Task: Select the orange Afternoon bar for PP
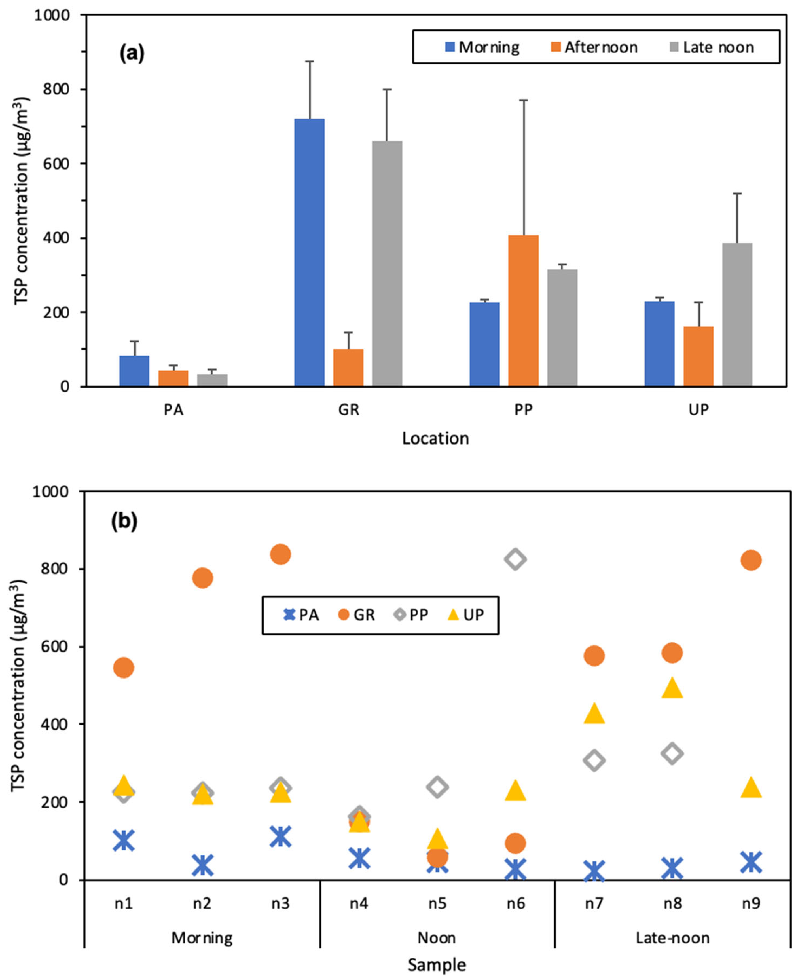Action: tap(523, 311)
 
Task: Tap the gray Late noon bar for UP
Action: tap(737, 314)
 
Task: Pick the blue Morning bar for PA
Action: tap(134, 371)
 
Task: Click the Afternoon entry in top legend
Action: tap(594, 47)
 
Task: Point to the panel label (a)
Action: tap(132, 54)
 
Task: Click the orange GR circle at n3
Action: tap(280, 554)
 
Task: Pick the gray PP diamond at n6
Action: tap(515, 559)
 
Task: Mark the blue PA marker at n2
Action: tap(202, 866)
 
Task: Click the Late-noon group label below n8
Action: tap(672, 938)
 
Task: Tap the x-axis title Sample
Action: tap(437, 965)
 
